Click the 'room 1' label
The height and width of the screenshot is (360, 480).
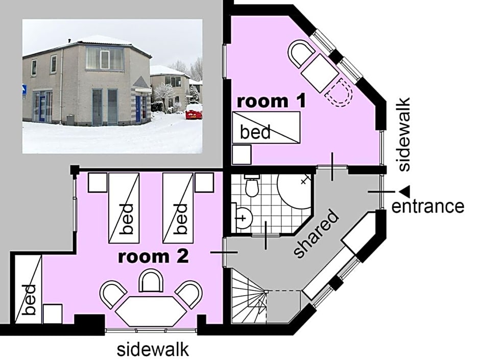point(271,101)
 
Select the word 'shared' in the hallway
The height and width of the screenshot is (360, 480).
point(317,233)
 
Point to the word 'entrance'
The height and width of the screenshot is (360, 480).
point(427,206)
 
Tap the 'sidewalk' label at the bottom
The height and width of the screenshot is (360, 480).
point(153,350)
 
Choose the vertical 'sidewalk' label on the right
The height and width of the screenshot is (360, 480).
point(404,134)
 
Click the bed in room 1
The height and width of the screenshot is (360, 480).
point(266,128)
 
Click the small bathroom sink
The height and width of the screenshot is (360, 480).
point(244,219)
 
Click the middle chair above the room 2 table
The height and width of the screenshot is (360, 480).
point(151,281)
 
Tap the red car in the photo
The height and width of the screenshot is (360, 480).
point(194,111)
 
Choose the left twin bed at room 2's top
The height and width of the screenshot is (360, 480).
point(124,208)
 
